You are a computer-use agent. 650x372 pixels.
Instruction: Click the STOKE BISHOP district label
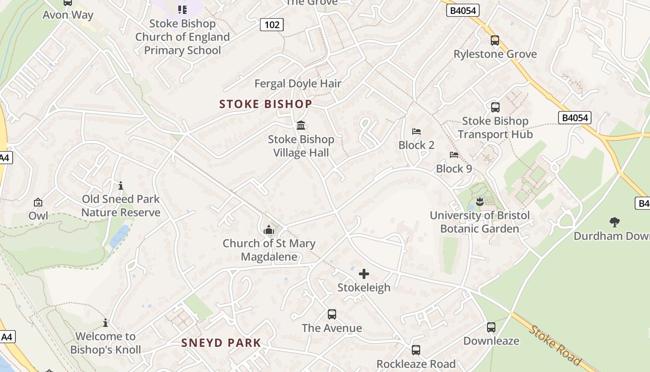tap(266, 104)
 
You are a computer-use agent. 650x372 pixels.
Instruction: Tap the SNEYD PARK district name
tap(221, 343)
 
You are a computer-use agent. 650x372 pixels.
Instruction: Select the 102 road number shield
tap(272, 25)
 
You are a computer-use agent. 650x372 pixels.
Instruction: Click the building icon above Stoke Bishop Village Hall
tap(301, 125)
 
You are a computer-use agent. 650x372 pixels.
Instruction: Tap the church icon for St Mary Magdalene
tap(269, 229)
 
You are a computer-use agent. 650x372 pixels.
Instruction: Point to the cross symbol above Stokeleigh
tap(364, 274)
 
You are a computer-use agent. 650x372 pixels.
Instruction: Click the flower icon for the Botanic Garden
tap(480, 201)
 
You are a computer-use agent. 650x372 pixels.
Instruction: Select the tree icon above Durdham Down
tap(615, 222)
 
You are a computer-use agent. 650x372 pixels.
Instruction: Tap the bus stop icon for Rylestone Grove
tap(495, 40)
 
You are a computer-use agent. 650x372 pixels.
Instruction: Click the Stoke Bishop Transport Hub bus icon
tap(495, 107)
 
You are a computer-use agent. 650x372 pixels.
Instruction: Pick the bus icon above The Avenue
tap(331, 314)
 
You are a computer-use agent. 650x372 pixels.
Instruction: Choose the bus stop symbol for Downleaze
tap(491, 327)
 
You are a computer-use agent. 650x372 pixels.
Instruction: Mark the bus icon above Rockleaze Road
tap(416, 350)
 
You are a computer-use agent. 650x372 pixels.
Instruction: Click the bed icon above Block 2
tap(416, 132)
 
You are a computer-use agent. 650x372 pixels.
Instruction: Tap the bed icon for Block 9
tap(454, 155)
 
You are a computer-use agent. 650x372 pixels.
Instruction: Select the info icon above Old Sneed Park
tap(121, 186)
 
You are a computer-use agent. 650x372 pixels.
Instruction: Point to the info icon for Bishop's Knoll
tap(105, 323)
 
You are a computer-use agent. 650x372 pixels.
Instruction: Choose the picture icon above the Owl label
tap(38, 202)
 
